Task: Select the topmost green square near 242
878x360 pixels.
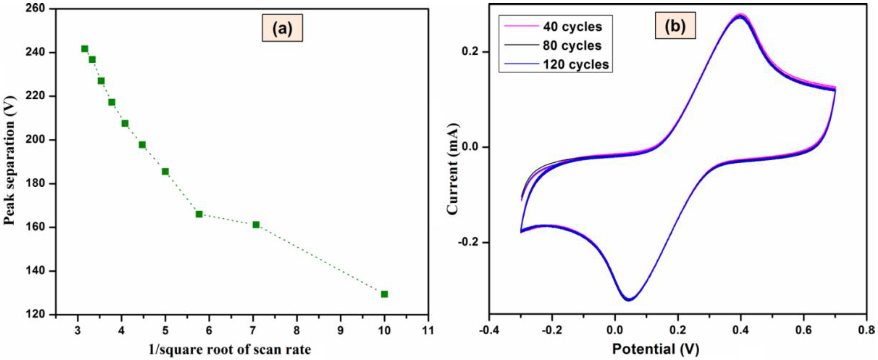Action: (x=84, y=49)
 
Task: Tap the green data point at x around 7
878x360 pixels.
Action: (x=256, y=225)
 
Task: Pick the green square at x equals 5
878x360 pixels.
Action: (x=165, y=171)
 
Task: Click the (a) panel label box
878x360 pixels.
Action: (x=282, y=28)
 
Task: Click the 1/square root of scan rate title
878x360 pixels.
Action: (x=230, y=350)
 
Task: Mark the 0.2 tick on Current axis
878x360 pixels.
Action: (x=471, y=52)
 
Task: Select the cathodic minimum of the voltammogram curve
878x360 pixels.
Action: (x=629, y=300)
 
